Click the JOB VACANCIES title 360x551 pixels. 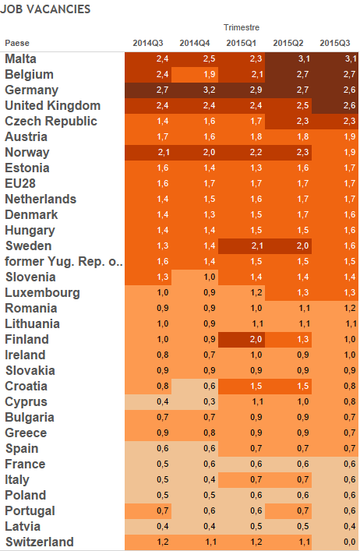[x=45, y=9]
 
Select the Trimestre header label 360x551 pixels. [x=242, y=27]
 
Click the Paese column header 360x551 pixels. [x=17, y=43]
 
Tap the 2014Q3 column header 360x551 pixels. [x=148, y=43]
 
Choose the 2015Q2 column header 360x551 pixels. [x=288, y=43]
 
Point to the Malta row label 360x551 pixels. [x=20, y=58]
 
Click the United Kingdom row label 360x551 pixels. [x=53, y=105]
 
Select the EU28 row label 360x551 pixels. [x=20, y=183]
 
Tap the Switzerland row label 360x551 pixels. [x=39, y=542]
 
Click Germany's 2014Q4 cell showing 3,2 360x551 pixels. [x=195, y=90]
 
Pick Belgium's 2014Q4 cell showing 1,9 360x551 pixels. [x=195, y=75]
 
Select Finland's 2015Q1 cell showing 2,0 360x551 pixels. [x=242, y=340]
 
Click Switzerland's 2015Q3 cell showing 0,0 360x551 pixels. [x=335, y=542]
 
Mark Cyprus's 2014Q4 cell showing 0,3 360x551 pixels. [x=195, y=401]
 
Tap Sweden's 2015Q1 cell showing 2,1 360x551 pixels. [x=242, y=246]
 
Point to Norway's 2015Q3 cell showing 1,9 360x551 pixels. [x=335, y=153]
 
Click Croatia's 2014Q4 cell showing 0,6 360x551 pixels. [x=195, y=387]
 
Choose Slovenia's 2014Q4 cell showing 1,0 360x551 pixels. [x=195, y=277]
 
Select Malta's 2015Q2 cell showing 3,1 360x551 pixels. [x=288, y=58]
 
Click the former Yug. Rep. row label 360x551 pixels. [x=64, y=261]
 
